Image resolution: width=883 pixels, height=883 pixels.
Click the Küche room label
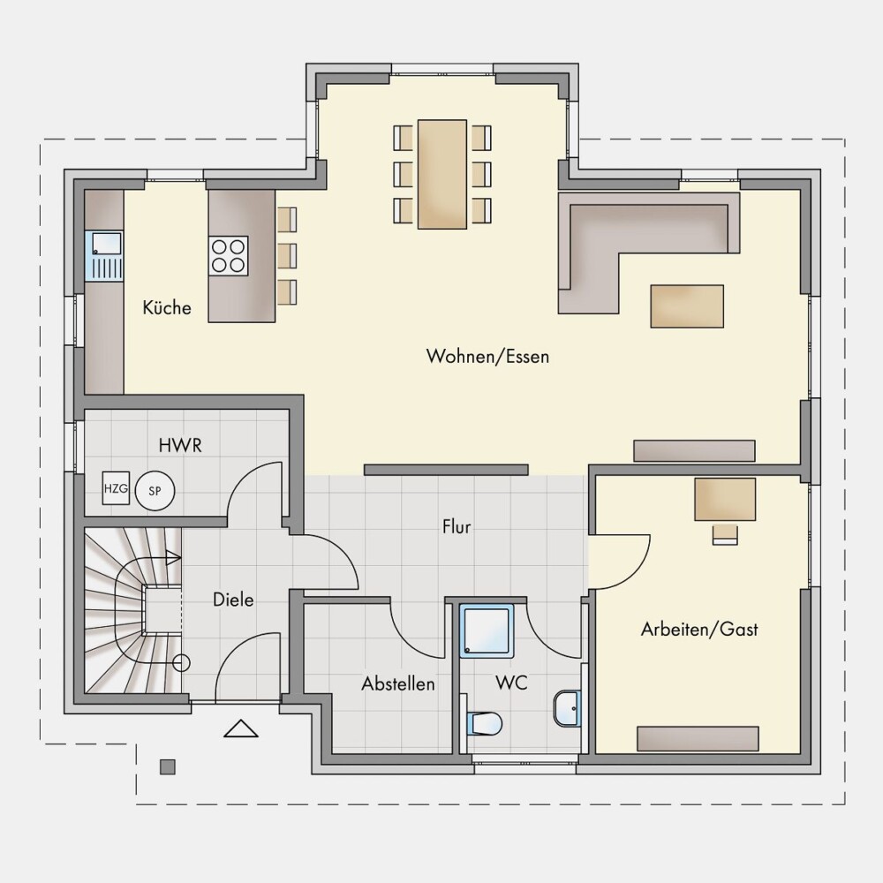(167, 307)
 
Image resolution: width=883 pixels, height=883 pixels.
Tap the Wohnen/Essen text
(487, 357)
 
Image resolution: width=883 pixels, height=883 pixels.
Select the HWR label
(180, 445)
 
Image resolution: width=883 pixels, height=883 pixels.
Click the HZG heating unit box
(116, 488)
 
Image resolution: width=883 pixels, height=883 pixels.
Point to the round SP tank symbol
(155, 491)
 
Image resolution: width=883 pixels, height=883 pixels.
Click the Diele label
(233, 600)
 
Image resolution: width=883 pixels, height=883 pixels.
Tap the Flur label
(457, 526)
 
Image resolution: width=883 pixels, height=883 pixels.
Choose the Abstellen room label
(398, 683)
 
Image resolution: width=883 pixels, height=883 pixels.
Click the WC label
(511, 683)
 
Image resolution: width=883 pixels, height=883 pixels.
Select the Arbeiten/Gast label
(699, 629)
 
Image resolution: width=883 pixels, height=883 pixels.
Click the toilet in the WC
(484, 724)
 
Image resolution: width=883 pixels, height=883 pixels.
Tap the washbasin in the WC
(567, 708)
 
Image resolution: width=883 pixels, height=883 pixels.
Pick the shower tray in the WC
(487, 630)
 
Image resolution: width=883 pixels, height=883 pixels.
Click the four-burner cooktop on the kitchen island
(228, 256)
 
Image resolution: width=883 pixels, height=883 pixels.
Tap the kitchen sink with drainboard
(103, 256)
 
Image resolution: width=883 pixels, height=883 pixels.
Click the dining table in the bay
(442, 174)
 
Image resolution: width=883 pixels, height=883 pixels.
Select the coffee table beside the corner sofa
(687, 306)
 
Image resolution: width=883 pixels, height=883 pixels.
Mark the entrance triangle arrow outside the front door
(241, 728)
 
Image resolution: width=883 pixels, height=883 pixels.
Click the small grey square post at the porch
(167, 767)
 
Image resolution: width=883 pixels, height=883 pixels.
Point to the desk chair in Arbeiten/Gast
(725, 534)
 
